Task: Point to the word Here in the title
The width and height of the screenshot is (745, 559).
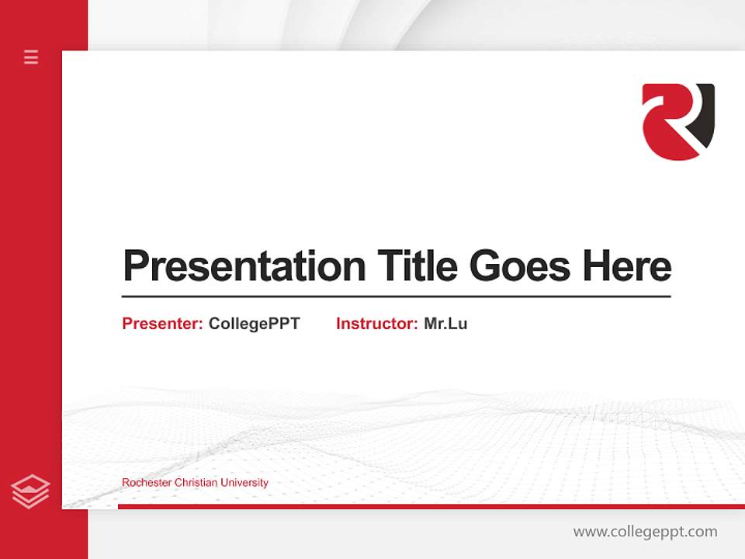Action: pyautogui.click(x=627, y=266)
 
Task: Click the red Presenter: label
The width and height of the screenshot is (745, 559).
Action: pyautogui.click(x=162, y=324)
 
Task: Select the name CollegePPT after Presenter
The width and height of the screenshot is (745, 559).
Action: pyautogui.click(x=254, y=324)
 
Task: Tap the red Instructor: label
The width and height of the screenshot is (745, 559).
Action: pyautogui.click(x=376, y=324)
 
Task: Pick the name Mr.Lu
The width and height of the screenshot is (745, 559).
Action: pyautogui.click(x=445, y=324)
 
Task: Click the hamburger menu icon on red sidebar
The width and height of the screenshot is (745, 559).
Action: pyautogui.click(x=31, y=57)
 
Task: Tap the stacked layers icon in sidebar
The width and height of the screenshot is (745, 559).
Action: pyautogui.click(x=31, y=491)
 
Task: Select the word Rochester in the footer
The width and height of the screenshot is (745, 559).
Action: pyautogui.click(x=147, y=483)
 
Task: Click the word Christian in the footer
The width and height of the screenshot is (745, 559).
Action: pyautogui.click(x=196, y=483)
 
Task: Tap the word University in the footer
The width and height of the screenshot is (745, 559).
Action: pyautogui.click(x=244, y=483)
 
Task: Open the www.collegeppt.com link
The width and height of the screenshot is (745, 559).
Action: pyautogui.click(x=645, y=532)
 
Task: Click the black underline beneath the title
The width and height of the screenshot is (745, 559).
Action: pyautogui.click(x=396, y=296)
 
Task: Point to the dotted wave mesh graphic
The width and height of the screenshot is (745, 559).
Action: pyautogui.click(x=466, y=443)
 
